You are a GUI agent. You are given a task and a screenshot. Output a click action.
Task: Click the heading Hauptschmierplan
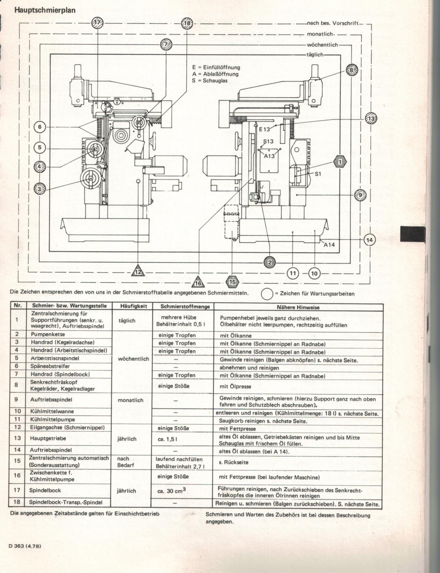[45, 10]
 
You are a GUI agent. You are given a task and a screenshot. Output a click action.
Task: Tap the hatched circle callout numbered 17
[98, 23]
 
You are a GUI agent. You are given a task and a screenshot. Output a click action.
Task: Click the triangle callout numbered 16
[198, 283]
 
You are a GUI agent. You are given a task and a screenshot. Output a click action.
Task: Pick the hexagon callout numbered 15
[232, 282]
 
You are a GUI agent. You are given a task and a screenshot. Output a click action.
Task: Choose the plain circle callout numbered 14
[369, 240]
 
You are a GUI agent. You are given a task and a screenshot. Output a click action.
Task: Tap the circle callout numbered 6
[40, 127]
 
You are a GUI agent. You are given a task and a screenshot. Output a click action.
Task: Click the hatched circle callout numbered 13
[371, 118]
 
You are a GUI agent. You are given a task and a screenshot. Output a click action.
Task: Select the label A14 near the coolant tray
[329, 245]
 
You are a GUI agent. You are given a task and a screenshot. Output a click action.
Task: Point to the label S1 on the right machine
[318, 173]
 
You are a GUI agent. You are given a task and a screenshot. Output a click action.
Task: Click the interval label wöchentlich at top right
[322, 45]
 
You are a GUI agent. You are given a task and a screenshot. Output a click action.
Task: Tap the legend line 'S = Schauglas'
[210, 80]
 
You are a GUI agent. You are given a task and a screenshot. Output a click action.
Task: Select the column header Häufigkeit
[134, 307]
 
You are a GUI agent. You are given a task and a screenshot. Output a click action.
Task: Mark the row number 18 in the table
[17, 502]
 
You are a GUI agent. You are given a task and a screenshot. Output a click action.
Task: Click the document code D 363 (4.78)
[25, 545]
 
